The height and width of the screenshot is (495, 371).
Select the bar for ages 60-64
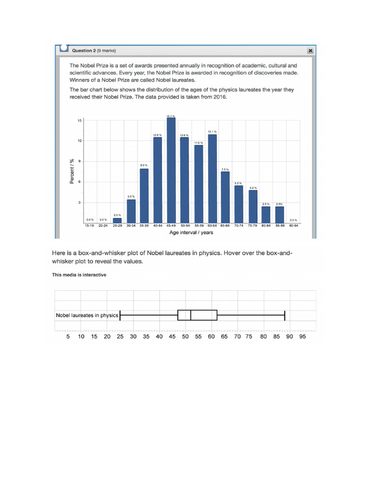pyautogui.click(x=212, y=178)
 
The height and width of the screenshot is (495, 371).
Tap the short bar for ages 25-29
pyautogui.click(x=117, y=220)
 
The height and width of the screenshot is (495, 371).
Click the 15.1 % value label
pyautogui.click(x=171, y=116)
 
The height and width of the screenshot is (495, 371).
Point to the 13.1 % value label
pyautogui.click(x=212, y=131)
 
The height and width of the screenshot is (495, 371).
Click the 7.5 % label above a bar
pyautogui.click(x=225, y=169)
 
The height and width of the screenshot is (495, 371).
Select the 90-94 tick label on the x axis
pyautogui.click(x=293, y=226)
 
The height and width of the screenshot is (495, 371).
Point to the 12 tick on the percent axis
pyautogui.click(x=79, y=141)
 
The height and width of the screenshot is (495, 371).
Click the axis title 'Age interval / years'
pyautogui.click(x=191, y=233)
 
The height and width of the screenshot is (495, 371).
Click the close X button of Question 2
pyautogui.click(x=310, y=50)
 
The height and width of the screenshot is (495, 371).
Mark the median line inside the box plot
pyautogui.click(x=191, y=315)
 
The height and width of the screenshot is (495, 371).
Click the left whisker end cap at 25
pyautogui.click(x=120, y=315)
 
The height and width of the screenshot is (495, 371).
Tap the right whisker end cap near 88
pyautogui.click(x=285, y=315)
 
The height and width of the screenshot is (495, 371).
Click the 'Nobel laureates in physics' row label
pyautogui.click(x=87, y=315)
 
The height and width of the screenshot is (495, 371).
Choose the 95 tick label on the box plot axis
pyautogui.click(x=302, y=336)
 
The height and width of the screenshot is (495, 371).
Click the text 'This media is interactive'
pyautogui.click(x=79, y=275)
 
